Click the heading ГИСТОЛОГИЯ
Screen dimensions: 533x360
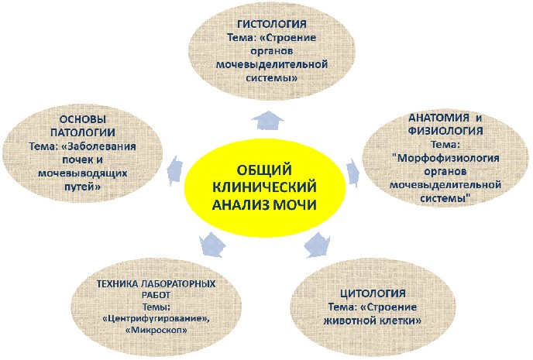click(x=272, y=24)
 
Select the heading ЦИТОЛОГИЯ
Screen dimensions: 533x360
click(x=373, y=293)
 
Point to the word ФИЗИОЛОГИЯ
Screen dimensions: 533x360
click(x=445, y=131)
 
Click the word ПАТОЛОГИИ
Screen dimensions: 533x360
click(x=83, y=132)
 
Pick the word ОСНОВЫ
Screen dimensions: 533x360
click(x=83, y=119)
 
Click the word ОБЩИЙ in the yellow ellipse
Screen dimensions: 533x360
click(x=264, y=170)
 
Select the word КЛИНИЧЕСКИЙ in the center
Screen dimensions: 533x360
click(x=264, y=187)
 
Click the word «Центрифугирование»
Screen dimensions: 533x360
click(x=156, y=319)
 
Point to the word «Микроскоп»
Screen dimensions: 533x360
click(x=156, y=330)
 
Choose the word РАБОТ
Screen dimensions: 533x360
click(x=156, y=295)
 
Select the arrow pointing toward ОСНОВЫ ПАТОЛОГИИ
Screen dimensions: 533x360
click(x=176, y=171)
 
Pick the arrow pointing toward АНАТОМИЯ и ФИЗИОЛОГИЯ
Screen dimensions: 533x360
click(x=352, y=173)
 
